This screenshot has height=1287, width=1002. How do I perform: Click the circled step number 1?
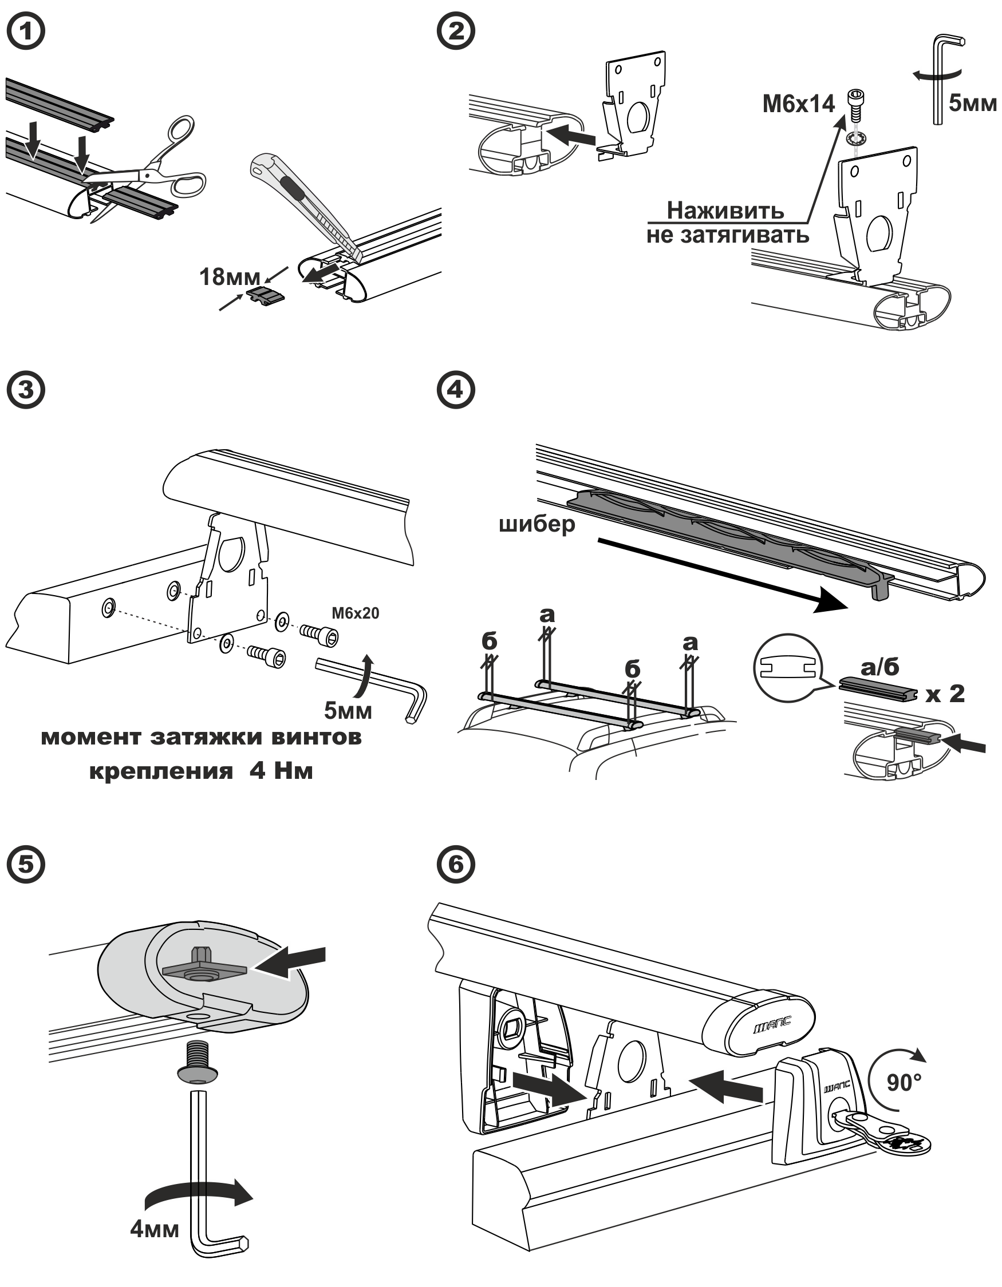click(x=26, y=31)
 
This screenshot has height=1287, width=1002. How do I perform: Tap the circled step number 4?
click(x=456, y=390)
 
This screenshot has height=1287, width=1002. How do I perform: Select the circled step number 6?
click(x=456, y=865)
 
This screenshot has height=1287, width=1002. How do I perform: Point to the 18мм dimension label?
click(x=230, y=277)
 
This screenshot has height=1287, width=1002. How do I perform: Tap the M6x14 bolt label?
click(x=799, y=104)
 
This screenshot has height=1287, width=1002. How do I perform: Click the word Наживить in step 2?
click(x=725, y=211)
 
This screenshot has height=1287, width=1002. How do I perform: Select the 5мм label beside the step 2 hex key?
click(x=972, y=103)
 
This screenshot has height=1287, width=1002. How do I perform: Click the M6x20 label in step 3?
click(x=355, y=613)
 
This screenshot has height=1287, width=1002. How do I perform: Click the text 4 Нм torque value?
click(x=281, y=771)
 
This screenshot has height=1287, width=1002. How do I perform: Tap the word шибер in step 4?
click(x=536, y=524)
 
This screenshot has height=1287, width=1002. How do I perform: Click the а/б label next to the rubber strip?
click(x=880, y=667)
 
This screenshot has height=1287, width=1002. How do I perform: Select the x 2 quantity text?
click(x=945, y=694)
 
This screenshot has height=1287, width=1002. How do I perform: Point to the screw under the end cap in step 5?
click(x=198, y=1063)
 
